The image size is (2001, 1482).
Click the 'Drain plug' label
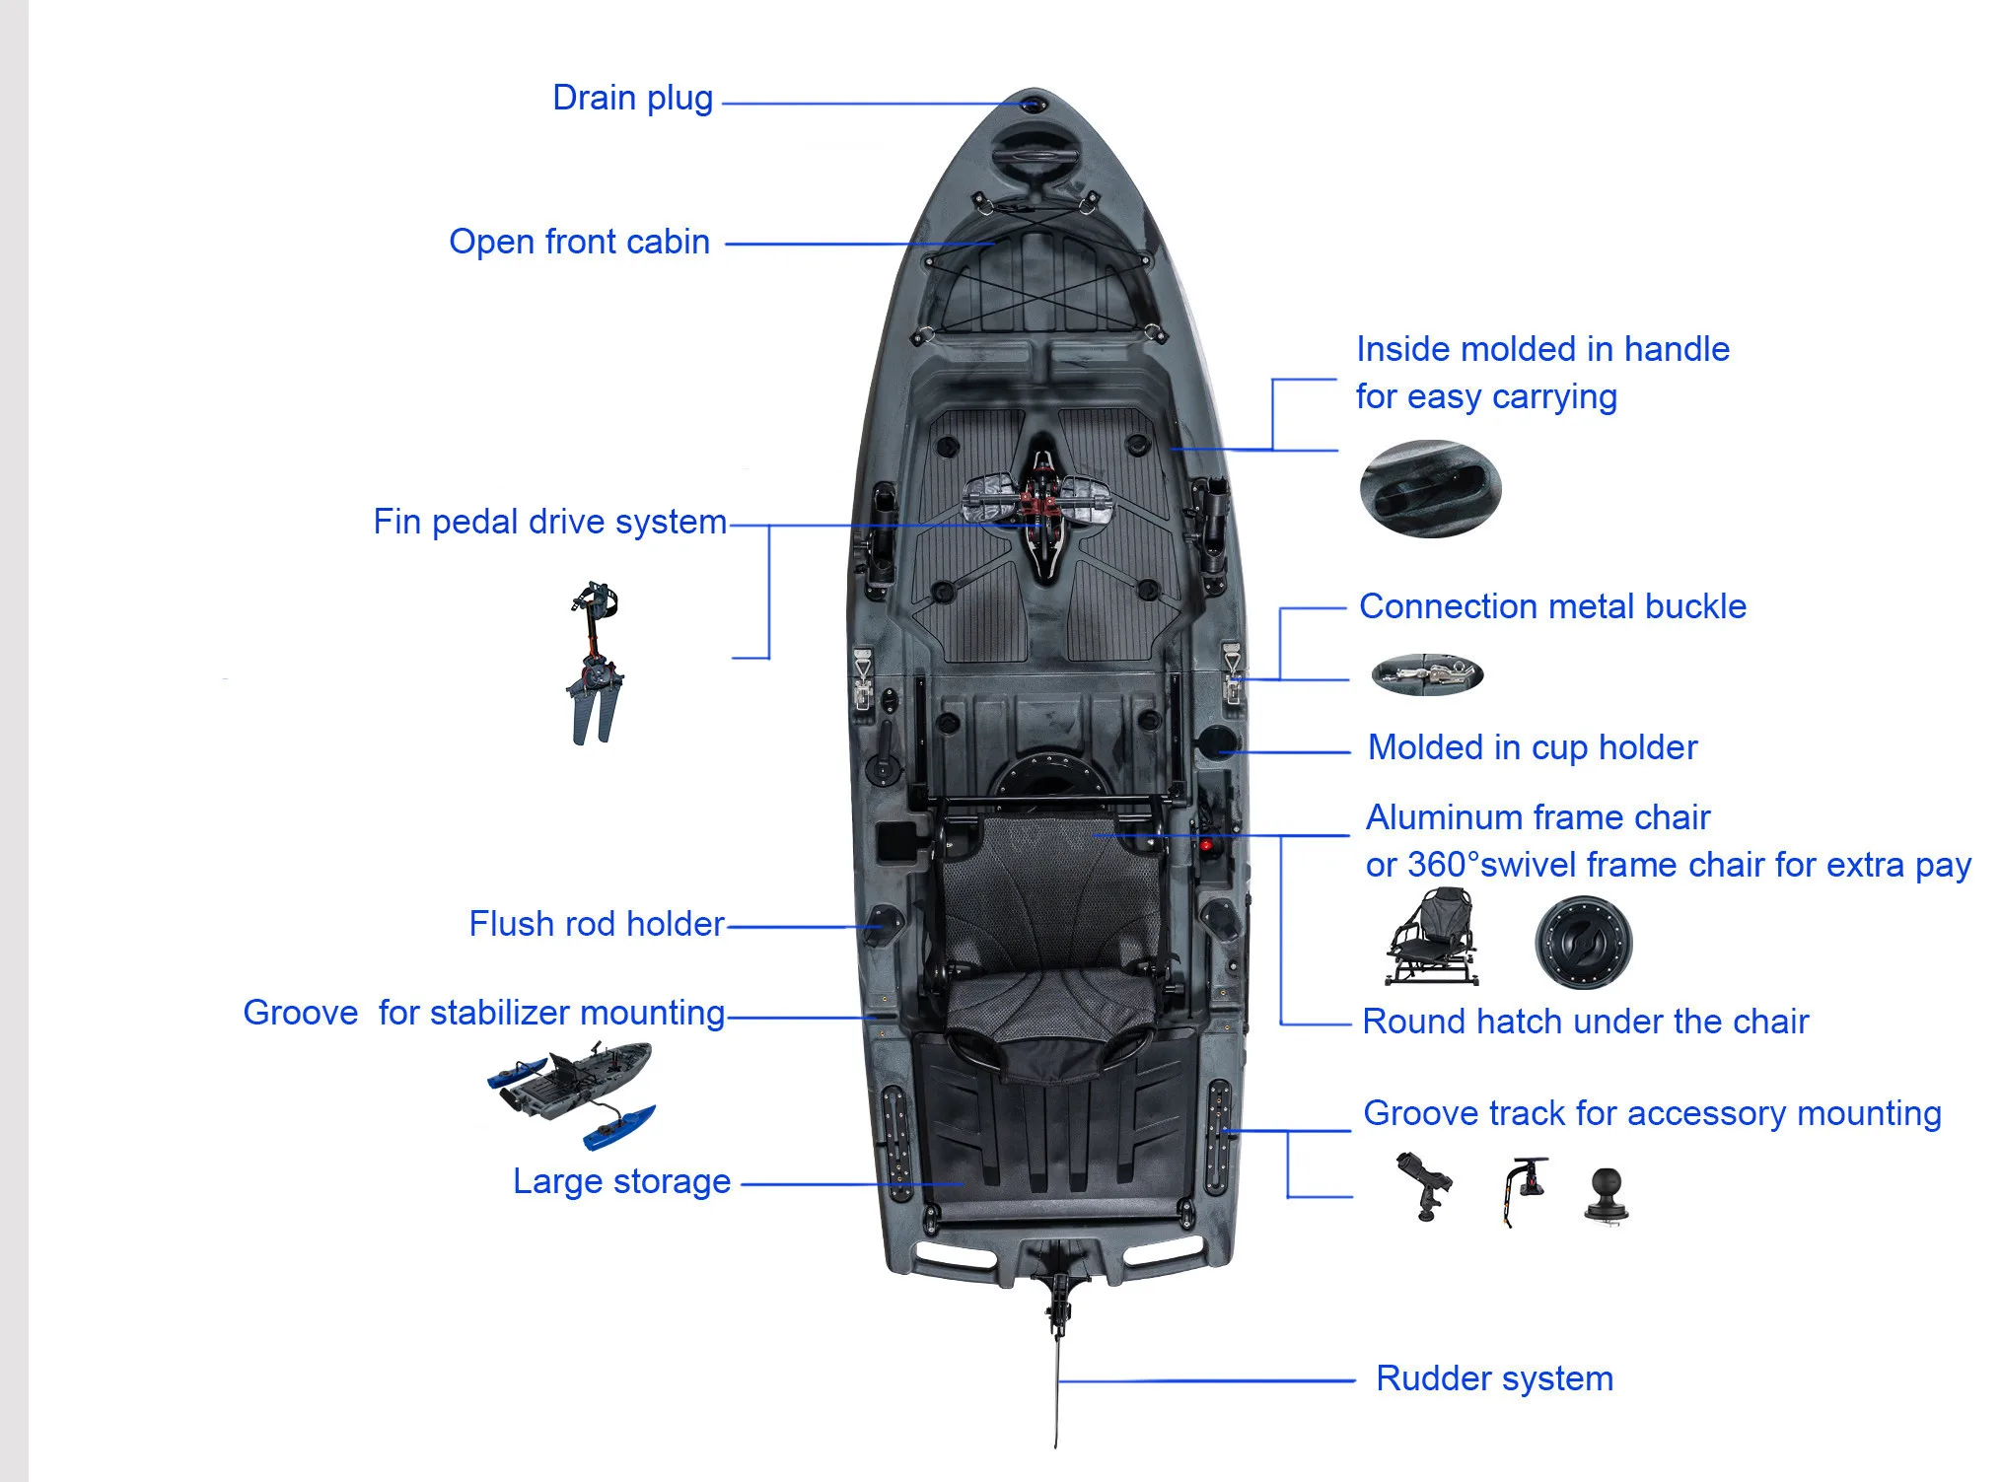pyautogui.click(x=632, y=99)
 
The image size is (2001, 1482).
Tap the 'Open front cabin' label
pyautogui.click(x=579, y=243)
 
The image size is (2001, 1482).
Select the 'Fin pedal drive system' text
pyautogui.click(x=549, y=523)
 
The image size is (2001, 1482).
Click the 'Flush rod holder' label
pyautogui.click(x=597, y=925)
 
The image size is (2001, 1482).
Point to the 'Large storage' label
pyautogui.click(x=621, y=1182)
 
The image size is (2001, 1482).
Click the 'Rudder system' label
pyautogui.click(x=1494, y=1378)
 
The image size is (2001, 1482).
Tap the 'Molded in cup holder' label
pyautogui.click(x=1532, y=748)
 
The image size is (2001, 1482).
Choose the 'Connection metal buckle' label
pyautogui.click(x=1552, y=607)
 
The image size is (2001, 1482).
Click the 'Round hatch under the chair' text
pyautogui.click(x=1585, y=1023)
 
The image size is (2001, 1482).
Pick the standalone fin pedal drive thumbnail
pyautogui.click(x=595, y=663)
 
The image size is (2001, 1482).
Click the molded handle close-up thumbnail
pyautogui.click(x=1430, y=489)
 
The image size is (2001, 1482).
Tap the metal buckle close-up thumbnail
pyautogui.click(x=1427, y=674)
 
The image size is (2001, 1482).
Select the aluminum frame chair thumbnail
pyautogui.click(x=1433, y=938)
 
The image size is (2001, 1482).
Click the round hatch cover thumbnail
pyautogui.click(x=1583, y=943)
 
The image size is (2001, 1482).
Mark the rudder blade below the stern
pyautogui.click(x=1057, y=1390)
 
